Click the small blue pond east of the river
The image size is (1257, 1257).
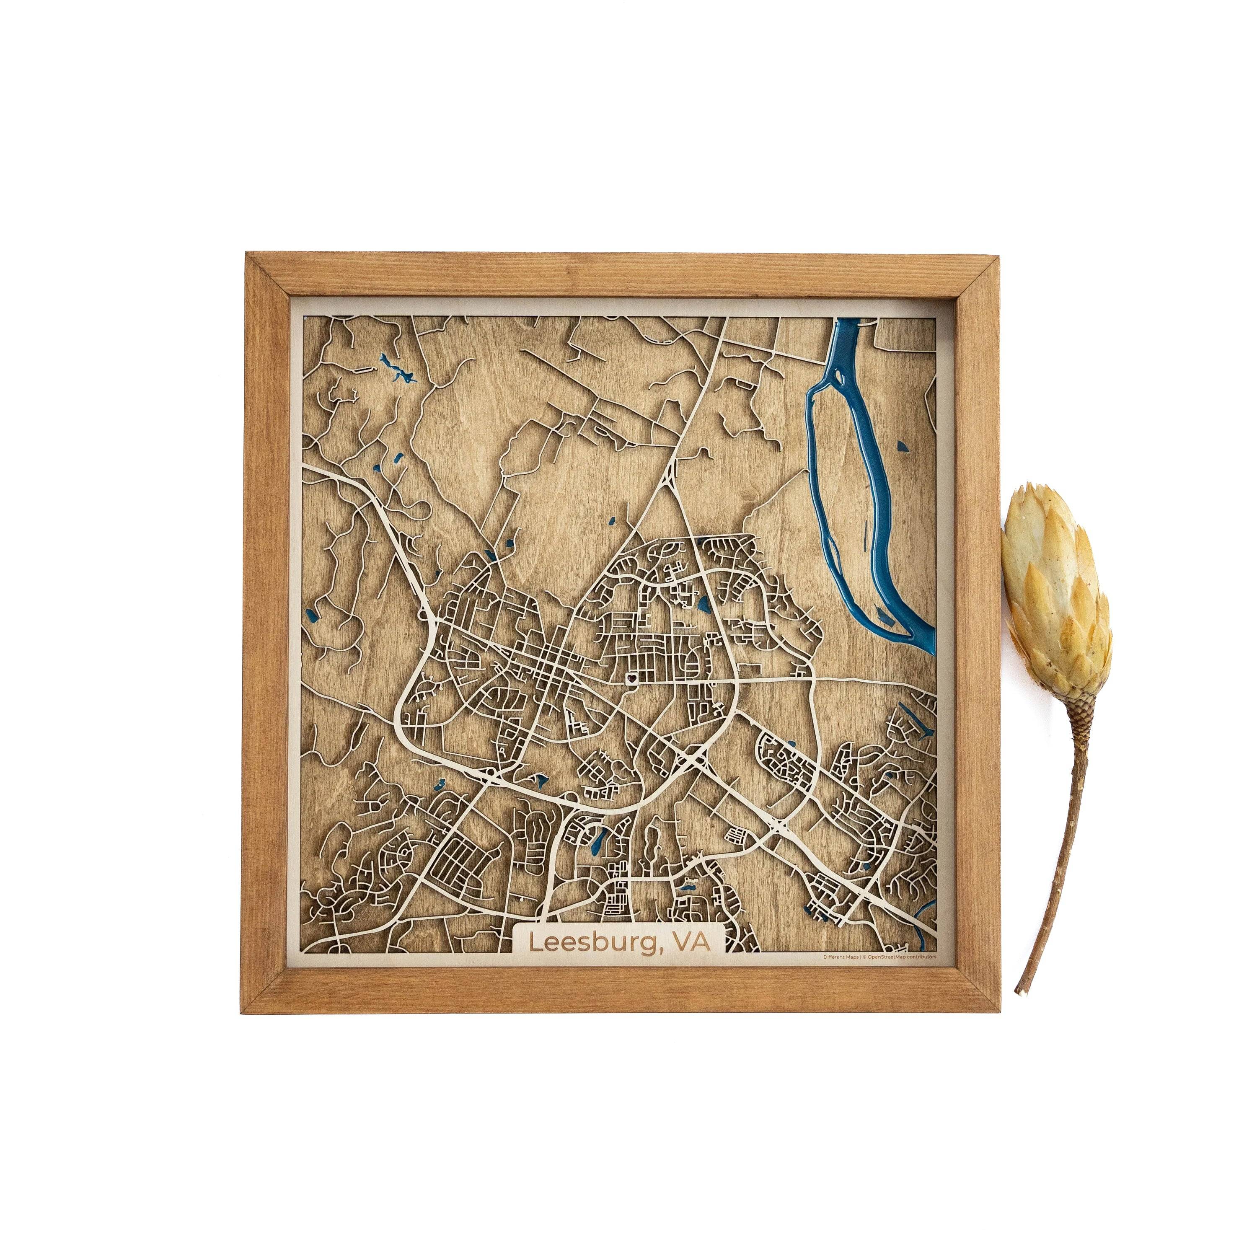click(x=902, y=446)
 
